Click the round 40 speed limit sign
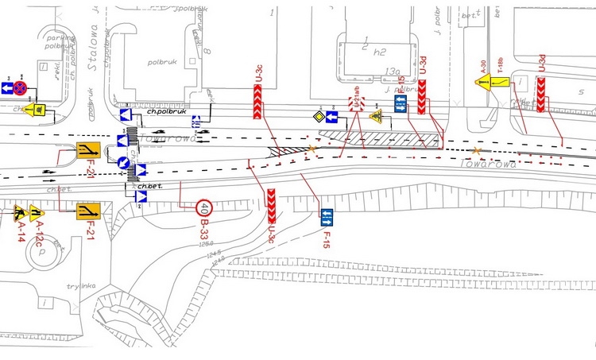point(205,209)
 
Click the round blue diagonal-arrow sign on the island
point(125,163)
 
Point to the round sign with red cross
point(21,87)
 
